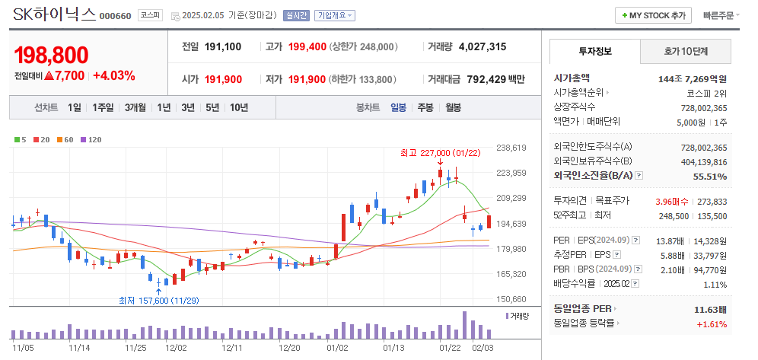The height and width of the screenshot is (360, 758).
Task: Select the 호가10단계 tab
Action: [686, 52]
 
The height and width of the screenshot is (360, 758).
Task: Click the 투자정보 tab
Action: [595, 52]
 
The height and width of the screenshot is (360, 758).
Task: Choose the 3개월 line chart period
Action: [135, 107]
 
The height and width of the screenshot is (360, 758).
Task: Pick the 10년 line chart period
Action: [238, 107]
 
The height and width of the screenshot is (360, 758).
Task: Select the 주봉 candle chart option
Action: [425, 107]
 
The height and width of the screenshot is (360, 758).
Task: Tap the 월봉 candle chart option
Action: [453, 107]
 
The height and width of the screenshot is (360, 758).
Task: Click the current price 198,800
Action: [51, 55]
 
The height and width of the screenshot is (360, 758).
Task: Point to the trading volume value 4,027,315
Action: [483, 46]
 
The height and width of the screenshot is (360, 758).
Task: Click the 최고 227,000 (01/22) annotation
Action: [441, 152]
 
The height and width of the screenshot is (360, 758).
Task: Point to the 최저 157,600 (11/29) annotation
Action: [158, 300]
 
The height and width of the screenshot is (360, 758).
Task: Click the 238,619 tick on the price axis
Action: [511, 148]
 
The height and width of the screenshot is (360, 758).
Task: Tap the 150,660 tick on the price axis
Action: [511, 299]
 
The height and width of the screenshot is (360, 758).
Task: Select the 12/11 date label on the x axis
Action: [231, 347]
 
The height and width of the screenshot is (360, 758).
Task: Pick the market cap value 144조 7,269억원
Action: [692, 78]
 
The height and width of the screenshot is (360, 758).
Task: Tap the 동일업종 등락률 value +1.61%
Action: [712, 324]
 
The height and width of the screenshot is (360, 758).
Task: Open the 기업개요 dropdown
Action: [335, 15]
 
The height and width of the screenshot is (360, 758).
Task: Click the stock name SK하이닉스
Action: [54, 14]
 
